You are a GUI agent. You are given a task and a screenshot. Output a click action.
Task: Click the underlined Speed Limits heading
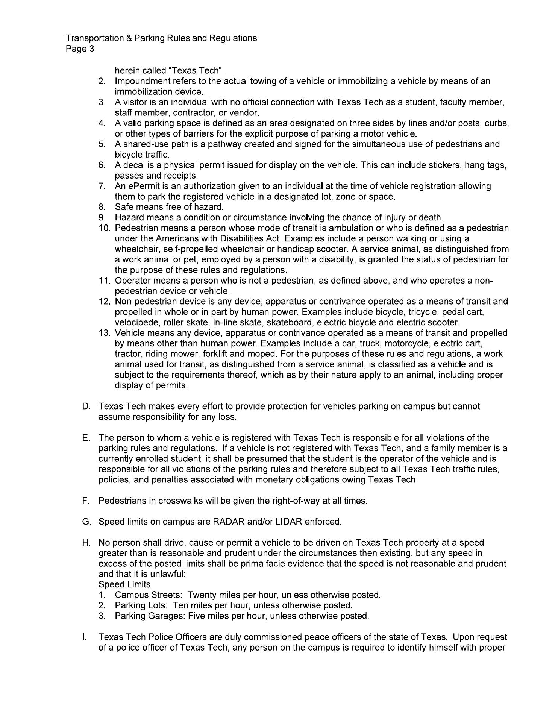point(124,584)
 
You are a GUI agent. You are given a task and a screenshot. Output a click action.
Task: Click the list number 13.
point(105,333)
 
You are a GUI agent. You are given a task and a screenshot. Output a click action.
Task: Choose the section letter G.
point(86,522)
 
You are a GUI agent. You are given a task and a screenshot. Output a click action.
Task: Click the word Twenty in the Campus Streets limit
point(202,595)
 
